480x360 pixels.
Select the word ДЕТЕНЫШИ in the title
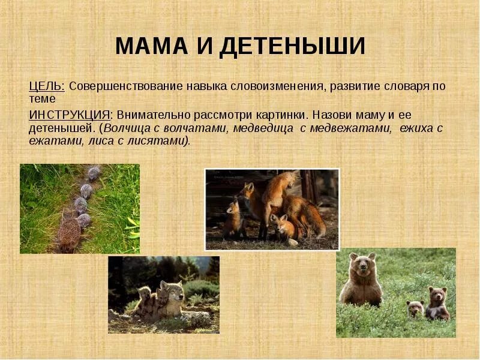click(x=292, y=46)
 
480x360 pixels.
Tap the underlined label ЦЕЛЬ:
click(x=46, y=86)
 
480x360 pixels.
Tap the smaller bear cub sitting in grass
click(x=415, y=308)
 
